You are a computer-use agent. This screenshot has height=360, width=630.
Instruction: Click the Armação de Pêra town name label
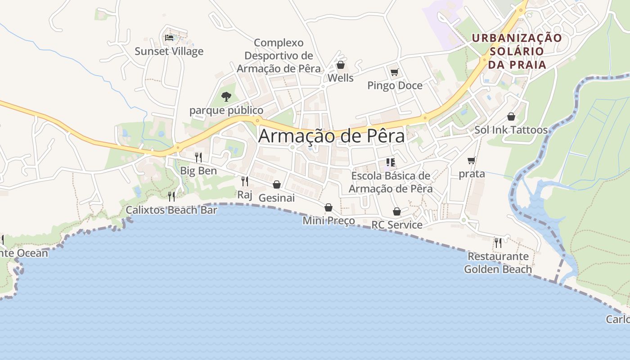(332, 136)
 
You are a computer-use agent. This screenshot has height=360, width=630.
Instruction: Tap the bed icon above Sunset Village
(169, 37)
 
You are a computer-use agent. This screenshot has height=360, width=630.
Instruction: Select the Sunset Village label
(169, 51)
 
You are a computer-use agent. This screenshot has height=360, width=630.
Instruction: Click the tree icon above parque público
(226, 96)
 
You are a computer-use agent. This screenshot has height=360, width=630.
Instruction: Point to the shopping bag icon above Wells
(341, 65)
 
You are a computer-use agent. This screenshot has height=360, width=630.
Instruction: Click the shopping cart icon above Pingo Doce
(395, 72)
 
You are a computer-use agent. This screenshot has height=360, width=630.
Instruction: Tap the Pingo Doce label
(395, 85)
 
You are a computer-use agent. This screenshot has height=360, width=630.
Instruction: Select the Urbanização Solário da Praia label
(517, 51)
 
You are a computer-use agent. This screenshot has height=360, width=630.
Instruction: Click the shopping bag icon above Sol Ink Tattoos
(511, 117)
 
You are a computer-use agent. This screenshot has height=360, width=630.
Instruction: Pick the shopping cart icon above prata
(472, 160)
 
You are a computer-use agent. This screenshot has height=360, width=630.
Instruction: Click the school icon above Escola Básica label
(390, 162)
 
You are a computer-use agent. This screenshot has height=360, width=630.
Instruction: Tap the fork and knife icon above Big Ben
(198, 157)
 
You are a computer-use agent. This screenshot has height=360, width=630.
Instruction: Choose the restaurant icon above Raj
(245, 181)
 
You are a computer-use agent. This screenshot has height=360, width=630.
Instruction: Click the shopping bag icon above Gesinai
(277, 184)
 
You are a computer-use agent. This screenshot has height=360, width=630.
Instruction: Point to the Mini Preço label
(328, 220)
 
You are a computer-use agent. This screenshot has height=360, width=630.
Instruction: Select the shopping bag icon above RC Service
(397, 211)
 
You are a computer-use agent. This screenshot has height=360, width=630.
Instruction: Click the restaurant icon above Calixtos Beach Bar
(171, 196)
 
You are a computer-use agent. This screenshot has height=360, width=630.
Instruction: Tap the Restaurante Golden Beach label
(498, 263)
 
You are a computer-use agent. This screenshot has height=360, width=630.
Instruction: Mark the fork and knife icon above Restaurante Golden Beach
(498, 243)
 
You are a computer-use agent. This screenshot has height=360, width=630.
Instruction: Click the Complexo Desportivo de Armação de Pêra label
(279, 56)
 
